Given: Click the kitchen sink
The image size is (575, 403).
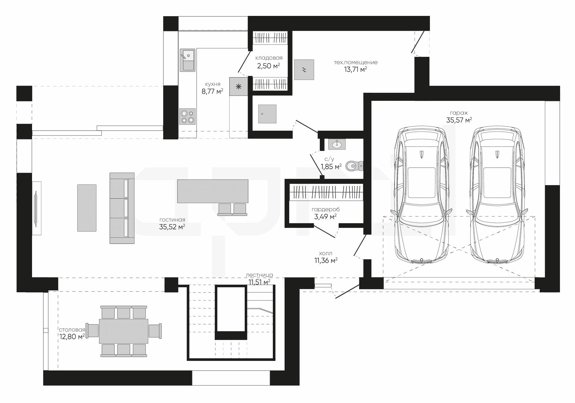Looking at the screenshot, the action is click(x=187, y=60).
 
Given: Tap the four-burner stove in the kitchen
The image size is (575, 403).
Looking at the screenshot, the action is click(x=188, y=116).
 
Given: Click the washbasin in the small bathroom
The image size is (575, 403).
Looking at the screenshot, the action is click(x=337, y=144).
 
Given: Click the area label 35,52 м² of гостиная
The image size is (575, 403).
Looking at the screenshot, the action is click(x=172, y=227).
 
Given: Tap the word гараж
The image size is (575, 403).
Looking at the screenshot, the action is click(x=459, y=113).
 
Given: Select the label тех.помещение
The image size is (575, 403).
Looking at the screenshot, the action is click(x=356, y=63).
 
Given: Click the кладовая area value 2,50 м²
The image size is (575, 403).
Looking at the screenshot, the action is click(x=269, y=66).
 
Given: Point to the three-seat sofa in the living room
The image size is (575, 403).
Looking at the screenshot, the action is click(x=122, y=208).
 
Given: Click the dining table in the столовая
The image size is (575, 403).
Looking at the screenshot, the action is click(x=124, y=331).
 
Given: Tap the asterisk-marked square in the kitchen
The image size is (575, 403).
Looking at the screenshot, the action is click(x=239, y=87).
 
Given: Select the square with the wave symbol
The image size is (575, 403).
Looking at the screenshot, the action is click(x=304, y=70).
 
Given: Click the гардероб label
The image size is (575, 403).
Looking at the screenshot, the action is click(x=326, y=209).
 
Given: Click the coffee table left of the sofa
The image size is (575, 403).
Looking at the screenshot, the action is click(x=87, y=208).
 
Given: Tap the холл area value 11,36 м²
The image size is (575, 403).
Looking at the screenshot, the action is click(x=326, y=260).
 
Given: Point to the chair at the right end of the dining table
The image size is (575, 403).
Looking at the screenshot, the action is click(x=155, y=331).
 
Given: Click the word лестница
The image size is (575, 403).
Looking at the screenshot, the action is click(x=259, y=275).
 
